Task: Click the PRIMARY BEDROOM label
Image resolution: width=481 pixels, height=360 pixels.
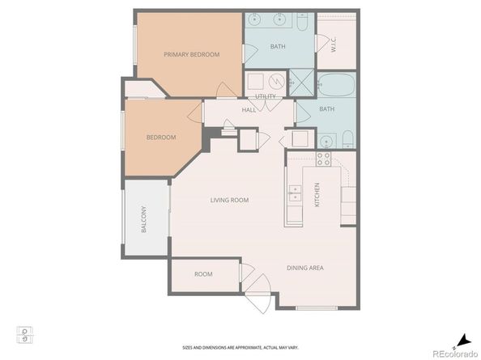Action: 191,55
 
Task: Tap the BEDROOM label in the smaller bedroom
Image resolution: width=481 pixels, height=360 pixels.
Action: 160,138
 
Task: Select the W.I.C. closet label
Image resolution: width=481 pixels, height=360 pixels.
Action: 333,46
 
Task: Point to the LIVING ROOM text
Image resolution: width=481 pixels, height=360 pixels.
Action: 229,200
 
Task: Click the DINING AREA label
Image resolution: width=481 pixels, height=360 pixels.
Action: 305,267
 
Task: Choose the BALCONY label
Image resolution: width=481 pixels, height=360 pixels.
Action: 144,220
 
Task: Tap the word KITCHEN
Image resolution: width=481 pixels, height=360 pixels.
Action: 317,193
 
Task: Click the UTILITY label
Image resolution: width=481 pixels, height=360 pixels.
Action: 266,96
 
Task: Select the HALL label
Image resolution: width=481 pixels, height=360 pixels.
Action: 249,110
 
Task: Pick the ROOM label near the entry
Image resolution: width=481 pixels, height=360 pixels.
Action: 203,274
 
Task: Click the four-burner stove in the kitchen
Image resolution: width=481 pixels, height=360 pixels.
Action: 324,159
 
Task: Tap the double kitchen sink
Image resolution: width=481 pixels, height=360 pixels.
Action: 295,193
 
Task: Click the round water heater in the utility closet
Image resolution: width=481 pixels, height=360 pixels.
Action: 276,82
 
